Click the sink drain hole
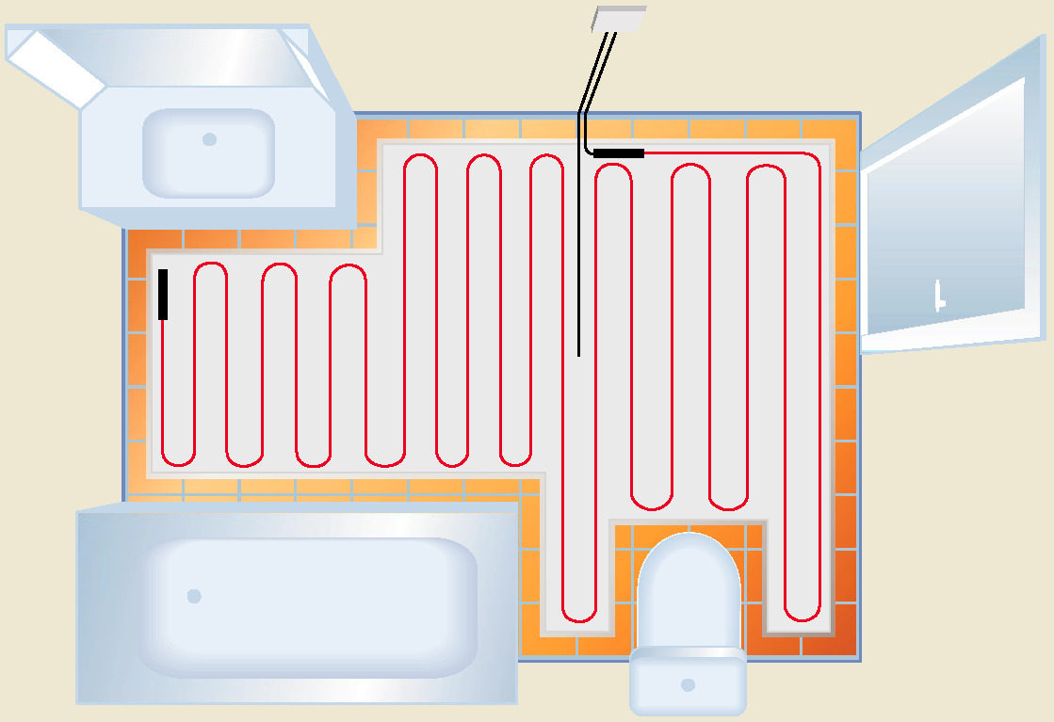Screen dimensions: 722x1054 (209, 139)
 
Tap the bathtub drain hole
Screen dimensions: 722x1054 (194, 596)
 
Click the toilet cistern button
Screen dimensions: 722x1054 (688, 684)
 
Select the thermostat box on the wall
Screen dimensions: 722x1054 (620, 20)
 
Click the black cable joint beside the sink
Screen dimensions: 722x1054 (163, 294)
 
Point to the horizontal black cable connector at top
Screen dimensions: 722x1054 (619, 152)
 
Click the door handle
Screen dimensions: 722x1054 (939, 296)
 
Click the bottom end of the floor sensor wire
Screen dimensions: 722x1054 (578, 355)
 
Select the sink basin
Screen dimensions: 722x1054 (208, 152)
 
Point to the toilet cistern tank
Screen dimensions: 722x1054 (688, 679)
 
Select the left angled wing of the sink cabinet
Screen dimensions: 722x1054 (57, 67)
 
